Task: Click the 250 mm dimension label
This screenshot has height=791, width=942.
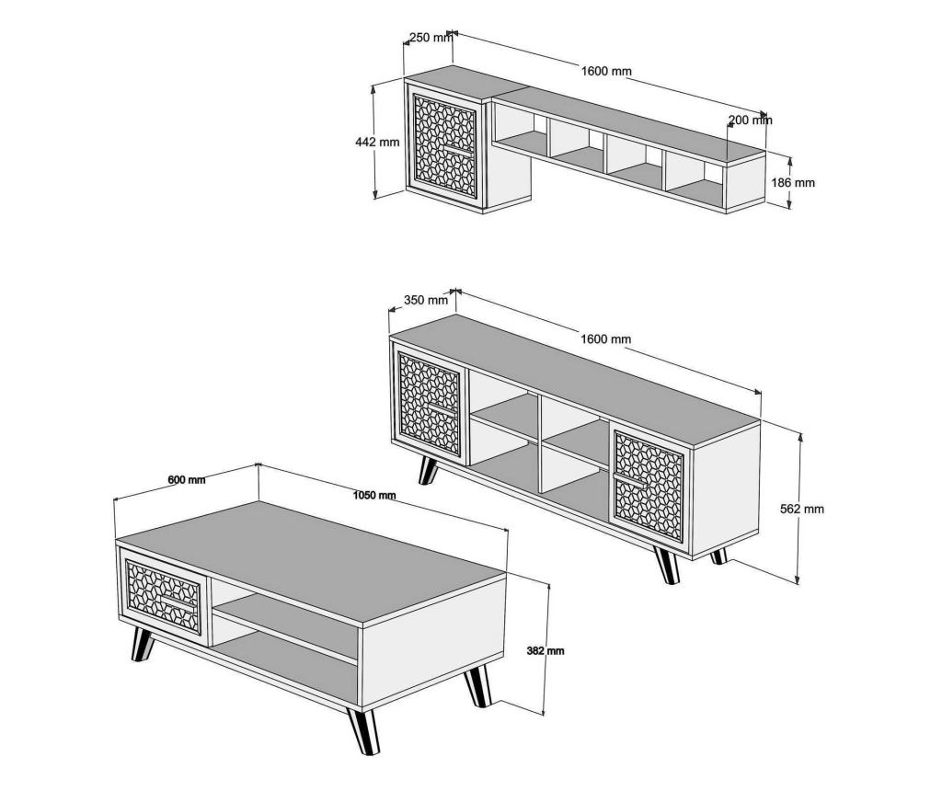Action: (x=431, y=37)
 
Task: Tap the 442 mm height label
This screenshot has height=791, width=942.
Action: (x=377, y=143)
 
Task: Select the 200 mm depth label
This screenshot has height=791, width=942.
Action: (x=751, y=120)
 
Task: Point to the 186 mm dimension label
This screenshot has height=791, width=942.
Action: (x=793, y=183)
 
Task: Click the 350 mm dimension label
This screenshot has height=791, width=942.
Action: (x=426, y=299)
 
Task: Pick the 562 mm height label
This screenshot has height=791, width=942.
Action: (x=802, y=509)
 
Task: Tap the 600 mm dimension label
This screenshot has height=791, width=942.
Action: (x=186, y=479)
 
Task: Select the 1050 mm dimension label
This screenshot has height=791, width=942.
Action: (x=374, y=495)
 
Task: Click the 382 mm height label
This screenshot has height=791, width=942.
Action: (x=545, y=650)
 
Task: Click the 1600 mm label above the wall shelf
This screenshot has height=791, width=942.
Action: (x=606, y=71)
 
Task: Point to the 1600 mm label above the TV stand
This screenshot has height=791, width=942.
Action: (x=605, y=338)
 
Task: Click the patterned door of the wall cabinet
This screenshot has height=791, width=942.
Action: (x=444, y=146)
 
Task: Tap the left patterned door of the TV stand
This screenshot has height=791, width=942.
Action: (x=430, y=404)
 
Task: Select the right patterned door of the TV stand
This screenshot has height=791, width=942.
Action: (x=649, y=484)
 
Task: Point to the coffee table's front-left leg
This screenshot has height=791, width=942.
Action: (x=142, y=645)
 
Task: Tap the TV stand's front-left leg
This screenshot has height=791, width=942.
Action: (x=428, y=470)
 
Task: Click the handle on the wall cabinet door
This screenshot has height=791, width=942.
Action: (x=458, y=150)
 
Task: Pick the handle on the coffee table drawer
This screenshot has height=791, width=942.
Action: (x=178, y=603)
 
